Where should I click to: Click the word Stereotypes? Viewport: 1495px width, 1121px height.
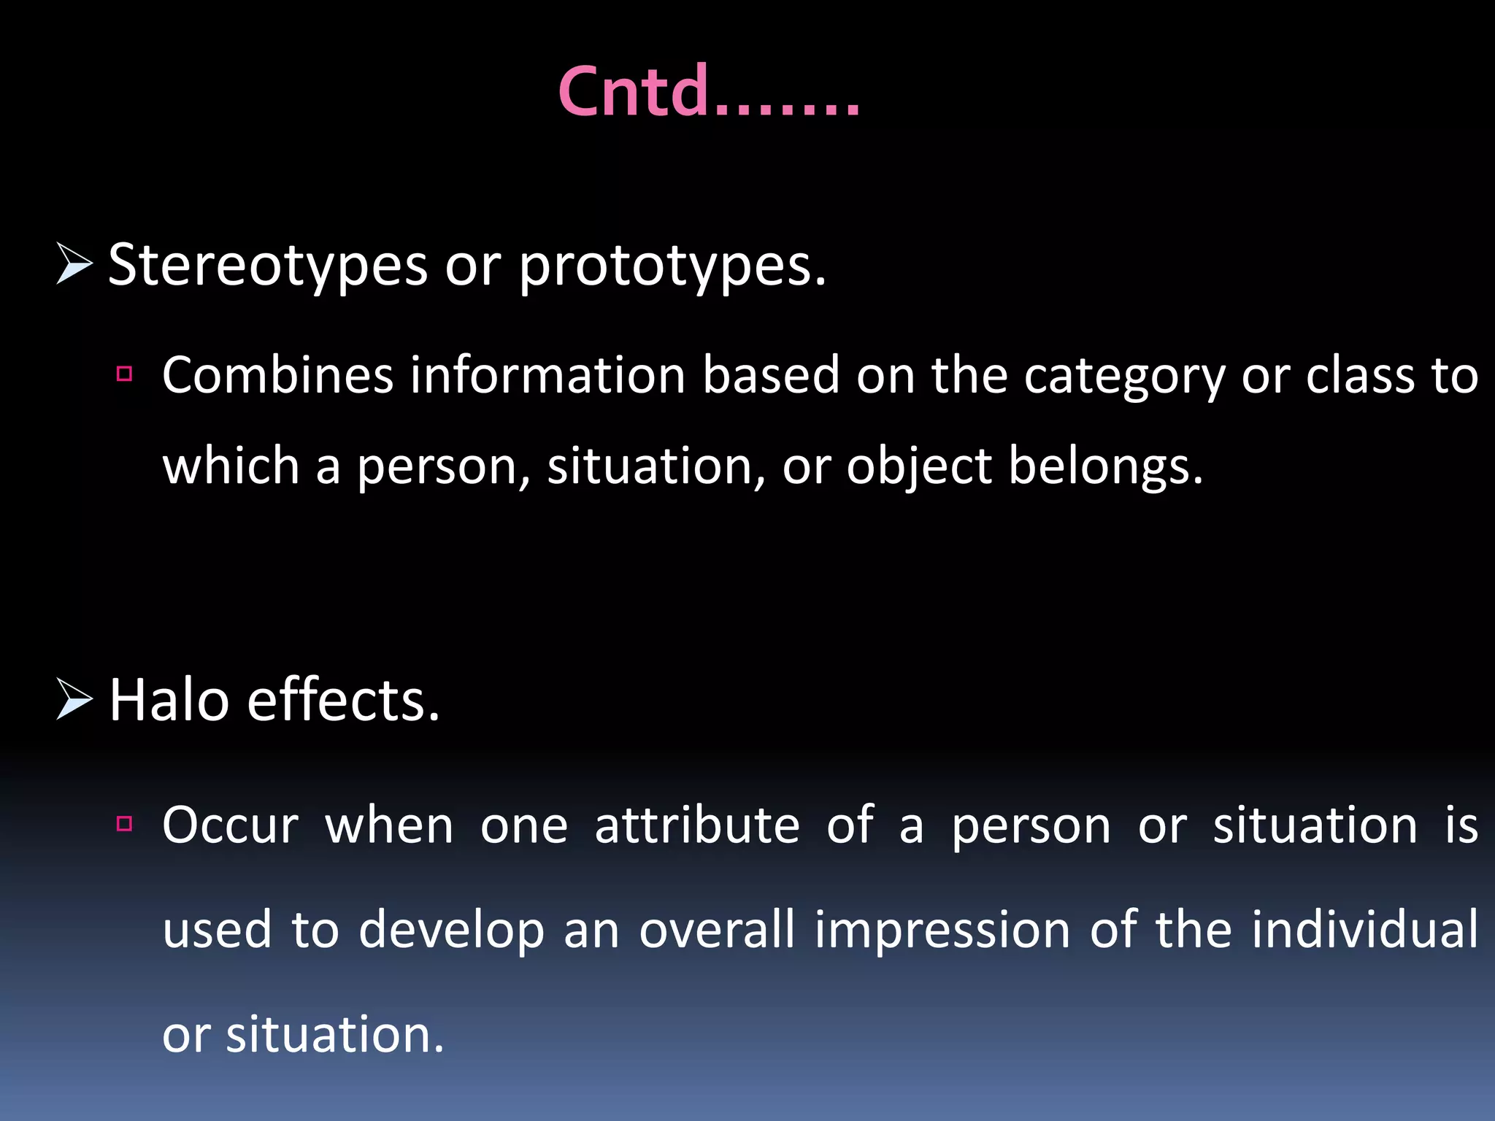267,264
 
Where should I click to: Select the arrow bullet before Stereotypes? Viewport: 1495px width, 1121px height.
74,264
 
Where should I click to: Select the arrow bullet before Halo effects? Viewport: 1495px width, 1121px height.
74,699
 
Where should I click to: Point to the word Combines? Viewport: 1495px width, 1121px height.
277,376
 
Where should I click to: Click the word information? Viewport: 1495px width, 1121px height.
547,376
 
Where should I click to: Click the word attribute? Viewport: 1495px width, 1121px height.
697,825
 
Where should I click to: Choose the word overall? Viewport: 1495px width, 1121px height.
717,930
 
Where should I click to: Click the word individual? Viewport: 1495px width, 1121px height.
1364,930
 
